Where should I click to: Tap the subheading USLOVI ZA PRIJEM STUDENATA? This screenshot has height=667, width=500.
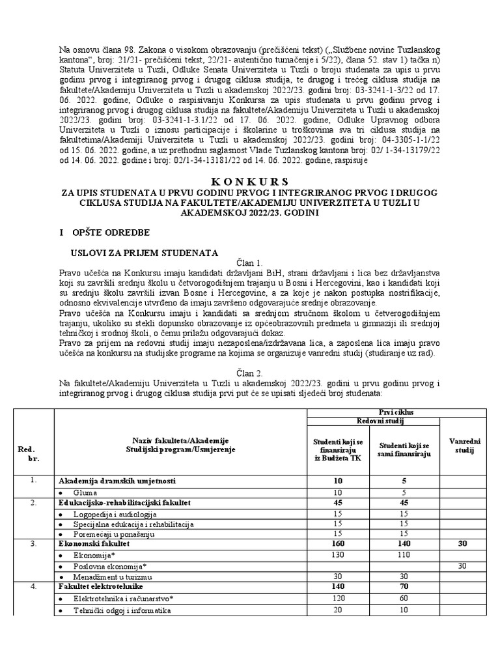click(145, 253)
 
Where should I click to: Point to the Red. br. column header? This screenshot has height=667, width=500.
click(27, 454)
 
